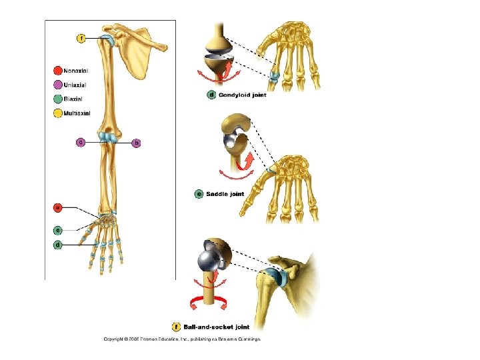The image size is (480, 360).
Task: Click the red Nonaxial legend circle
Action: pos(58,70)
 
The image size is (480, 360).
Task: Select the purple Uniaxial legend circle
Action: pos(58,85)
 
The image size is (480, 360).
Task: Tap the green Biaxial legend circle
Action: pos(58,99)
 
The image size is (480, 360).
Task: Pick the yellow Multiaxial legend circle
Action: pos(58,113)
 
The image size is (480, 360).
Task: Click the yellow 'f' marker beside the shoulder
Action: pos(81,39)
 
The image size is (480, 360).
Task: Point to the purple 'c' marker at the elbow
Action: pos(81,142)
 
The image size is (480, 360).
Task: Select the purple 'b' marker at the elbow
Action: pos(137,142)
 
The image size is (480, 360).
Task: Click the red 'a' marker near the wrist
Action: pos(58,208)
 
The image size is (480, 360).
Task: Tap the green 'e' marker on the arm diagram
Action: pos(58,229)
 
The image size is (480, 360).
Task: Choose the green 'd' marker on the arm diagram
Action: pos(58,245)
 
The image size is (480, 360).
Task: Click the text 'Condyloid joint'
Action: pos(243,95)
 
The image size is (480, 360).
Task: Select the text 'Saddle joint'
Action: pos(228,194)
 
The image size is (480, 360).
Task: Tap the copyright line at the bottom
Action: pos(181,339)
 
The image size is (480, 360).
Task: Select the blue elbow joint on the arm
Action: pos(107,138)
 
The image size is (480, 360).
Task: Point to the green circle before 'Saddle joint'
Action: pos(199,194)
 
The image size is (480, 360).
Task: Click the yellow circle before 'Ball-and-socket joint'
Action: pos(176,327)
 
